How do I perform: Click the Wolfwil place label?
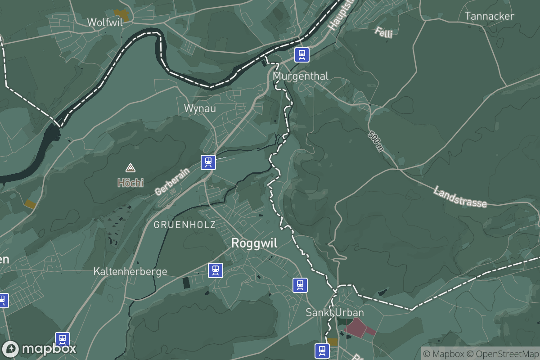[104, 22]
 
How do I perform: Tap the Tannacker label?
[489, 16]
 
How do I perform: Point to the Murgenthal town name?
[301, 76]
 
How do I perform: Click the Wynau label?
[200, 108]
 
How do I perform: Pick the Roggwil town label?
[254, 243]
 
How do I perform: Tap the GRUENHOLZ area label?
[184, 225]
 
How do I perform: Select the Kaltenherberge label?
[130, 271]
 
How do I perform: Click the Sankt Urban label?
[335, 312]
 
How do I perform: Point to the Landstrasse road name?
[460, 197]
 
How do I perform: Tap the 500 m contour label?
[376, 141]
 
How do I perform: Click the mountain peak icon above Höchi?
[130, 168]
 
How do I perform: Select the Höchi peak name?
[130, 183]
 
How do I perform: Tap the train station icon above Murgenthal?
[302, 55]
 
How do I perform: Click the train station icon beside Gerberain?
[208, 162]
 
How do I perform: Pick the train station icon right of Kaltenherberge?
[216, 270]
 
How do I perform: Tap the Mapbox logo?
[39, 349]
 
